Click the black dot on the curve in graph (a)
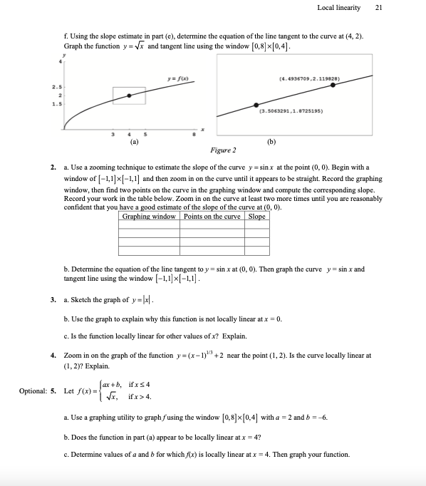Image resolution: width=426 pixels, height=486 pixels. click(129, 95)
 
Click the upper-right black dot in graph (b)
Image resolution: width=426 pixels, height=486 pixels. click(333, 85)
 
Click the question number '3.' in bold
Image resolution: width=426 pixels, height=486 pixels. click(53, 300)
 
